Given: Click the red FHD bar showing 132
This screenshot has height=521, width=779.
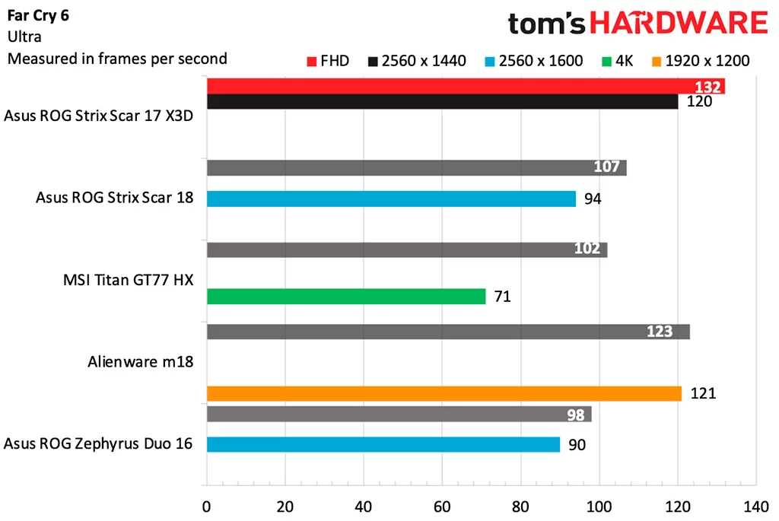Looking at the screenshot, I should tap(464, 86).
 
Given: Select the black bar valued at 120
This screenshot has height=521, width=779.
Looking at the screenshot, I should tap(441, 102).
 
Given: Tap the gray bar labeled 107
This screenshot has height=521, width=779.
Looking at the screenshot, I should tap(415, 167).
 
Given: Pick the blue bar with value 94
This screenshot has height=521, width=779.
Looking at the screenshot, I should tap(390, 199).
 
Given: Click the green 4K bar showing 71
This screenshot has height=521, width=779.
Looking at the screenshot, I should tap(345, 296).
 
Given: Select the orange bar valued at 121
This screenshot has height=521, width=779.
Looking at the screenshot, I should tap(444, 393).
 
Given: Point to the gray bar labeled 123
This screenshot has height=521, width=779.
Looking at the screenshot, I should tap(447, 332).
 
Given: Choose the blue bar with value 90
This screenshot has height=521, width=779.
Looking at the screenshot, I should tap(383, 444).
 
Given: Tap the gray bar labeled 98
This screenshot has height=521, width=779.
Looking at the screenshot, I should tap(398, 415).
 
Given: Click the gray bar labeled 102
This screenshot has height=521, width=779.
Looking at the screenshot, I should tap(406, 249).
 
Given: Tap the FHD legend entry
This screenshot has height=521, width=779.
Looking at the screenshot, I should tap(328, 61).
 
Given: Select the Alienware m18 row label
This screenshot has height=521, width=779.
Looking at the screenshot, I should tap(140, 362).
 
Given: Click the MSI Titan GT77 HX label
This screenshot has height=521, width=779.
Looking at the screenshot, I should tap(128, 280).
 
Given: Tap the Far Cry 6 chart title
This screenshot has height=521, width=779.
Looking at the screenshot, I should tap(38, 16).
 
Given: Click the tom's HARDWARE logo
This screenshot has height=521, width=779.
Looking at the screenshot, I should tap(638, 24).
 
